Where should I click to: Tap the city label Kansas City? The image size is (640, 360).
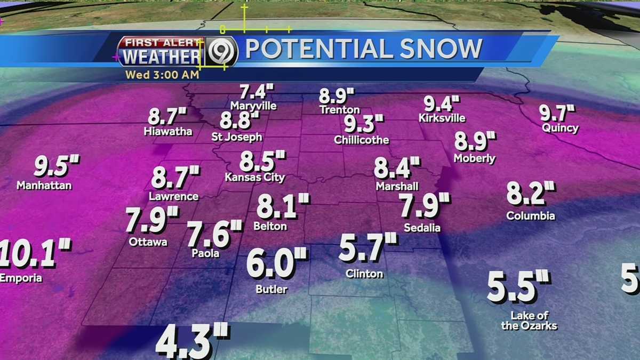pos(255,178)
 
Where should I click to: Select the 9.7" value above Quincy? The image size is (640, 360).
pos(557,113)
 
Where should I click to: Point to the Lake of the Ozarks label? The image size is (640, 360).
pos(529,321)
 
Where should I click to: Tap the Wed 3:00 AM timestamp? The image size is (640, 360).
pos(162,75)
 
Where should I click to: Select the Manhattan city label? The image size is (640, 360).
pos(44,186)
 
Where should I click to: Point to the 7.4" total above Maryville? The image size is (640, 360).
pos(252,91)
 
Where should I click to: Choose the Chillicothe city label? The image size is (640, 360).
pos(362,140)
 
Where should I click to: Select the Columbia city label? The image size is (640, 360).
pos(531,216)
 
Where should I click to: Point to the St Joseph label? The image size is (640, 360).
pos(237,137)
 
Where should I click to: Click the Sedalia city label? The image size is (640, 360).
pos(422,228)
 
